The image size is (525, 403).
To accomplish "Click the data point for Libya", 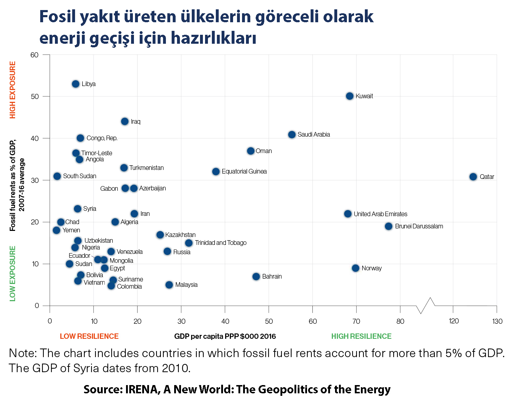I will pyautogui.click(x=75, y=84).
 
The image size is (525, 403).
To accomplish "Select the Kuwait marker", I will pyautogui.click(x=350, y=96).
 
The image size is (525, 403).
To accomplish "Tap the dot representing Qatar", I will pyautogui.click(x=473, y=177).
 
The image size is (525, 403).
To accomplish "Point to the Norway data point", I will pyautogui.click(x=356, y=268).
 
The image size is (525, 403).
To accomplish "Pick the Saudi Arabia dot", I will pyautogui.click(x=292, y=134).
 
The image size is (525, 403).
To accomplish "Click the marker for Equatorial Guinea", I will pyautogui.click(x=216, y=171).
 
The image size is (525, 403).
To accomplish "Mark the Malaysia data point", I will pyautogui.click(x=169, y=285).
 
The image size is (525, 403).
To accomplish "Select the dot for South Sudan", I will pyautogui.click(x=57, y=176).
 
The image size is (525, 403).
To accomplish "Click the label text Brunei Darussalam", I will pyautogui.click(x=419, y=226).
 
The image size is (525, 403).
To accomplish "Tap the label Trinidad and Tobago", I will pyautogui.click(x=220, y=243).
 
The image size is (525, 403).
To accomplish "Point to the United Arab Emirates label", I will pyautogui.click(x=380, y=214).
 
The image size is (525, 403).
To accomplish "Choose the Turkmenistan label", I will pyautogui.click(x=147, y=168).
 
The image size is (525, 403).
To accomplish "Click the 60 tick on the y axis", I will pyautogui.click(x=34, y=55).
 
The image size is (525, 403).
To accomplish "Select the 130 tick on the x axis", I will pyautogui.click(x=497, y=321).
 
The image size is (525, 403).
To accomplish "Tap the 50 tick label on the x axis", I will pyautogui.click(x=269, y=321).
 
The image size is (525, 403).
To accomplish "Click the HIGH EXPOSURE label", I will pyautogui.click(x=13, y=90).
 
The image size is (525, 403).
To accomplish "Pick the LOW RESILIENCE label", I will pyautogui.click(x=89, y=336).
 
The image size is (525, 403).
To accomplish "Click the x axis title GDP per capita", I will pyautogui.click(x=225, y=336).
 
